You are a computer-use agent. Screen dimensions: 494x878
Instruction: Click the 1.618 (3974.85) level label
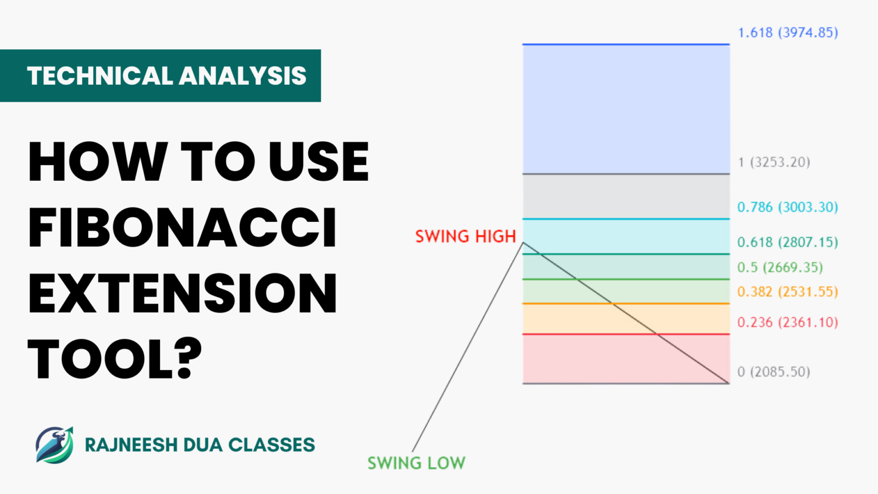click(788, 33)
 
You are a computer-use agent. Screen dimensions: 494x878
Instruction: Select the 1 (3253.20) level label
click(774, 162)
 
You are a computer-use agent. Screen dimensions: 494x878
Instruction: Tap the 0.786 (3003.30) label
click(788, 207)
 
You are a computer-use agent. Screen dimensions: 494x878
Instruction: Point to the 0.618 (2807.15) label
click(788, 242)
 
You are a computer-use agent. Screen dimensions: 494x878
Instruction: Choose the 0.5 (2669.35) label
click(780, 268)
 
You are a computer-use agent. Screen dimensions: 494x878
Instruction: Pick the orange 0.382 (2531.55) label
click(788, 292)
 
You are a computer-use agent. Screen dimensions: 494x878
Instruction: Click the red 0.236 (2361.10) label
click(788, 322)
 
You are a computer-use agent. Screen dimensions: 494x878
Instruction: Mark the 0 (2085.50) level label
click(774, 372)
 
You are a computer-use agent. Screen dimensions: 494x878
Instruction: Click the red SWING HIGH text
click(465, 237)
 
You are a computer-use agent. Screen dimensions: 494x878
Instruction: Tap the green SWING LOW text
click(416, 463)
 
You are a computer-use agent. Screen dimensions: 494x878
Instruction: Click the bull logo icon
click(54, 445)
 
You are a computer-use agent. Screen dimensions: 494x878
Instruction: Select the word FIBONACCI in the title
click(182, 228)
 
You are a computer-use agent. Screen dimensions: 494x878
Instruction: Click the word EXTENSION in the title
click(182, 293)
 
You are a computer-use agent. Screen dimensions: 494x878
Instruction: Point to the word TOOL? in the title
click(115, 359)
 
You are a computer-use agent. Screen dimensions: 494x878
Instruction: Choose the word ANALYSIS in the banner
click(243, 76)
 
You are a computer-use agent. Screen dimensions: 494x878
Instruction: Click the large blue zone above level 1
click(626, 109)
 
